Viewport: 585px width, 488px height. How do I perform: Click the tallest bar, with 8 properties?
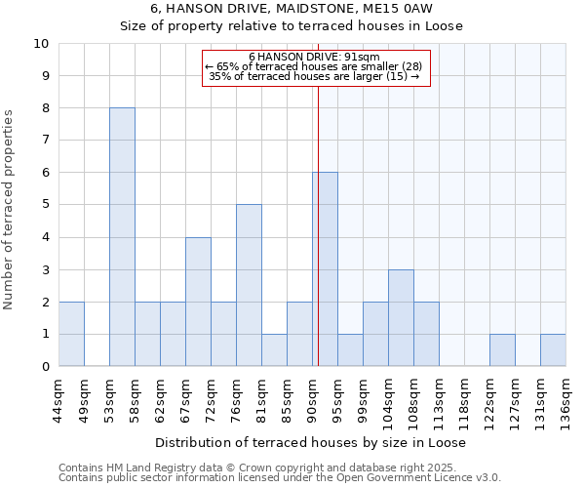click(122, 237)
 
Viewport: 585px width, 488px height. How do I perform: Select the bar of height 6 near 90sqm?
click(325, 269)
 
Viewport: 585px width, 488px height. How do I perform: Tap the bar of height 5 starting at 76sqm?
click(249, 285)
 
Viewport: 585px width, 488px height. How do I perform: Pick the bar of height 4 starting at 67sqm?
click(198, 302)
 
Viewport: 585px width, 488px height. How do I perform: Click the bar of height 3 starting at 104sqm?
click(401, 318)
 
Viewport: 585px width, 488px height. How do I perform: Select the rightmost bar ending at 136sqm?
click(553, 350)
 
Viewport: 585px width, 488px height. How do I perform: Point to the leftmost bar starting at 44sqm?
click(71, 334)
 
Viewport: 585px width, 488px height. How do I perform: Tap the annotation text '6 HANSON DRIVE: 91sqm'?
click(314, 58)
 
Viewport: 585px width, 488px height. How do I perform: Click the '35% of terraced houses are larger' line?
click(314, 76)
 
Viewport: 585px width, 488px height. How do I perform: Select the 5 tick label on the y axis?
click(44, 205)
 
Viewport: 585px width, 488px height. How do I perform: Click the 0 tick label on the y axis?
click(44, 367)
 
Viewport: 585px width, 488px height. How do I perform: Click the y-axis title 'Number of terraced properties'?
click(10, 210)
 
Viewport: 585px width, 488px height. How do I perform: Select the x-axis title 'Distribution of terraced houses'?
click(310, 442)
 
